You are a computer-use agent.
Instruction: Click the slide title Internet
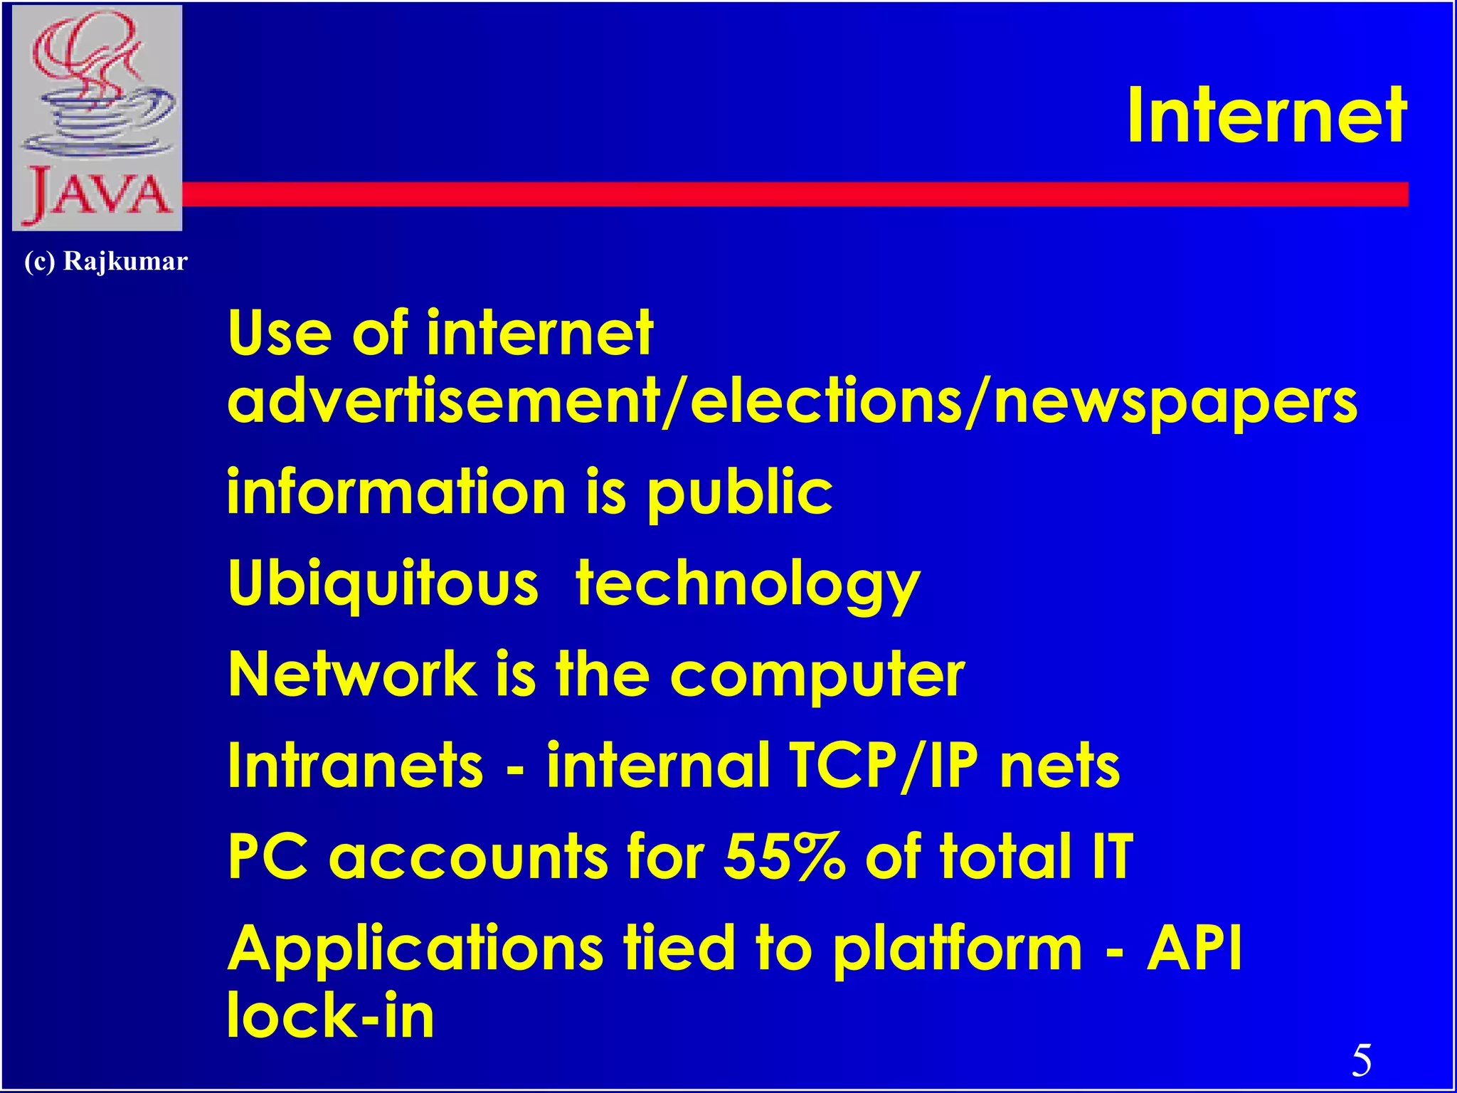coord(1266,116)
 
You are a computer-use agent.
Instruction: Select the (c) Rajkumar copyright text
coord(105,262)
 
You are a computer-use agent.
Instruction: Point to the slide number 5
coord(1361,1060)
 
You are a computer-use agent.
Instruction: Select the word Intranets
coord(355,766)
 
